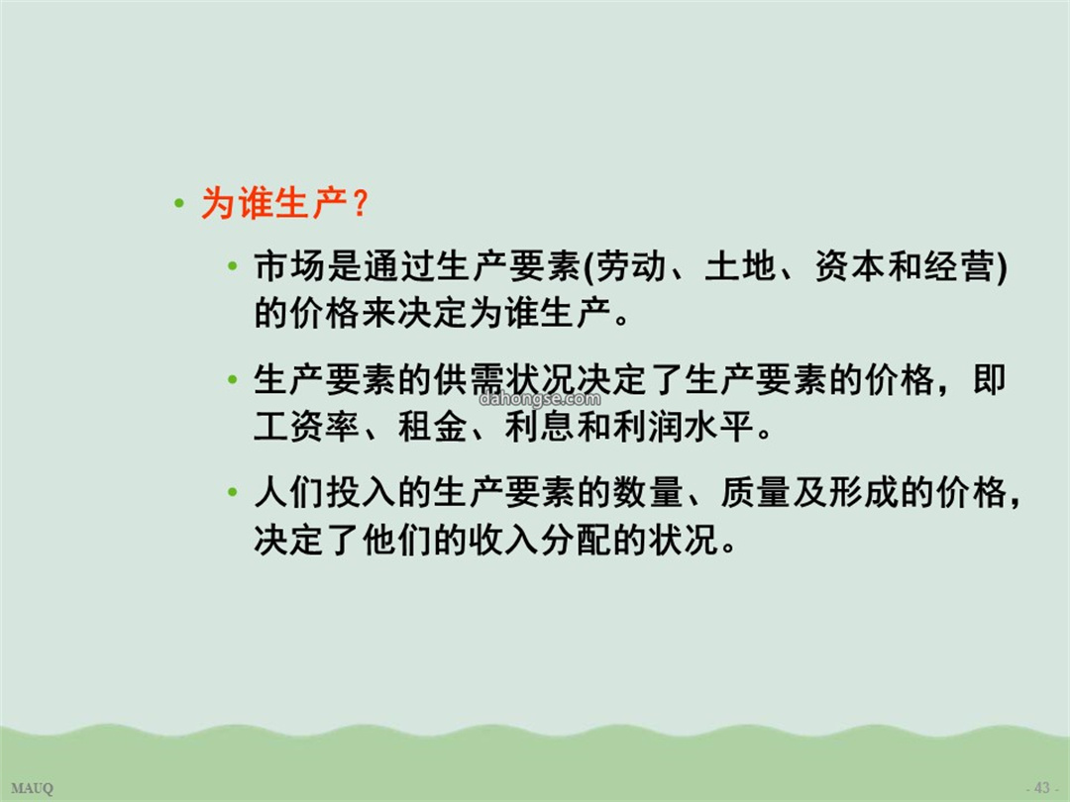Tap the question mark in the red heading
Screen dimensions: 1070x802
click(x=361, y=203)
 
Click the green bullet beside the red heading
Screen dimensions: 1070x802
click(x=178, y=203)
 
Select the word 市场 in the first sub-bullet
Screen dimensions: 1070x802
click(x=289, y=266)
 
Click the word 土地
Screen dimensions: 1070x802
click(x=740, y=266)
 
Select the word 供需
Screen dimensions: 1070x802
click(x=469, y=379)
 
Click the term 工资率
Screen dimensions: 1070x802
click(x=307, y=427)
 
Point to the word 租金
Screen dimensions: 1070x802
click(x=433, y=427)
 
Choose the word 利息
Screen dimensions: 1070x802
click(x=541, y=427)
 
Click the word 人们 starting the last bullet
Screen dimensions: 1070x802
click(x=289, y=492)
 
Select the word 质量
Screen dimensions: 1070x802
click(x=757, y=492)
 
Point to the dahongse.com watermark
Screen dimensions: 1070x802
click(x=541, y=399)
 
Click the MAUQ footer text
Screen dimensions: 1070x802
click(x=32, y=788)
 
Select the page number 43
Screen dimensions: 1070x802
click(x=1042, y=788)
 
